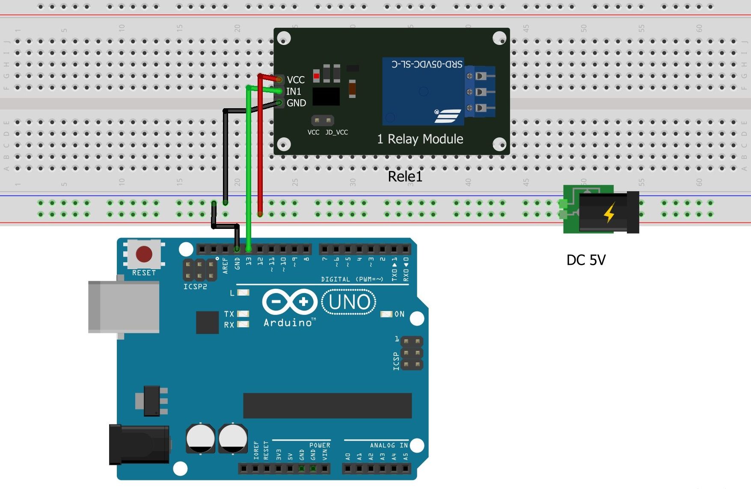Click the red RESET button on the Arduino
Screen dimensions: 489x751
[x=144, y=254]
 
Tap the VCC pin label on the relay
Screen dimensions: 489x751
[x=296, y=80]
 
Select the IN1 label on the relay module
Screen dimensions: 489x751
[x=294, y=92]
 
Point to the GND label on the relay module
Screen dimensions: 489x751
[x=296, y=103]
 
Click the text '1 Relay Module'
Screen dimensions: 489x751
[x=420, y=139]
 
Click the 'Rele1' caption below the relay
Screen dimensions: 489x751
[x=405, y=176]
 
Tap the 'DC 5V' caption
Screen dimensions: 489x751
[x=586, y=260]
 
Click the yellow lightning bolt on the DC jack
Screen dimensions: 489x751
[x=609, y=212]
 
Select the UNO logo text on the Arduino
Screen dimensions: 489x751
[x=349, y=302]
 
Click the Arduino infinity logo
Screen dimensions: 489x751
[x=290, y=302]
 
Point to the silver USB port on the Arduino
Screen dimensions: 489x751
[x=124, y=306]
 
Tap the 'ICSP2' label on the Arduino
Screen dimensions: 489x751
[x=195, y=287]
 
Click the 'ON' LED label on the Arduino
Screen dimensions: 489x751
[x=399, y=314]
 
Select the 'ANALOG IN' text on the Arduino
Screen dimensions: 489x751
[x=389, y=445]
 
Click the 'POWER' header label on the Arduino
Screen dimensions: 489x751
[x=320, y=445]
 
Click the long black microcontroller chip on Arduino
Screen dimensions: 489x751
[x=327, y=406]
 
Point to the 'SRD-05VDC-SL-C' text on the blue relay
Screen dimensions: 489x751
[x=427, y=64]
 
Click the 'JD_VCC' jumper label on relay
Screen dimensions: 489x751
[x=336, y=132]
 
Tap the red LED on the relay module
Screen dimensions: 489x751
[x=316, y=76]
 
